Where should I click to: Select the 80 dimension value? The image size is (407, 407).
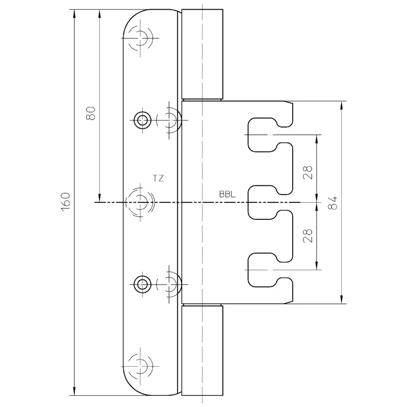tap(91, 113)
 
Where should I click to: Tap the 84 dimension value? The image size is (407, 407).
tap(333, 203)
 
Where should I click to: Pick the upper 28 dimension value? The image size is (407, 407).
tap(308, 172)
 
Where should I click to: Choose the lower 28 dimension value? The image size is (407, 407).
tap(308, 236)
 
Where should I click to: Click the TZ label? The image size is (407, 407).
tap(158, 178)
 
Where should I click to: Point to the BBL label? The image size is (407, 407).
tap(227, 194)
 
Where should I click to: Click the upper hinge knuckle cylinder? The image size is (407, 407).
tap(202, 54)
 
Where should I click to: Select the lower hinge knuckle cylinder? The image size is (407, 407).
tap(202, 351)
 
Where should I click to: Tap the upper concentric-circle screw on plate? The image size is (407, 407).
tap(142, 120)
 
